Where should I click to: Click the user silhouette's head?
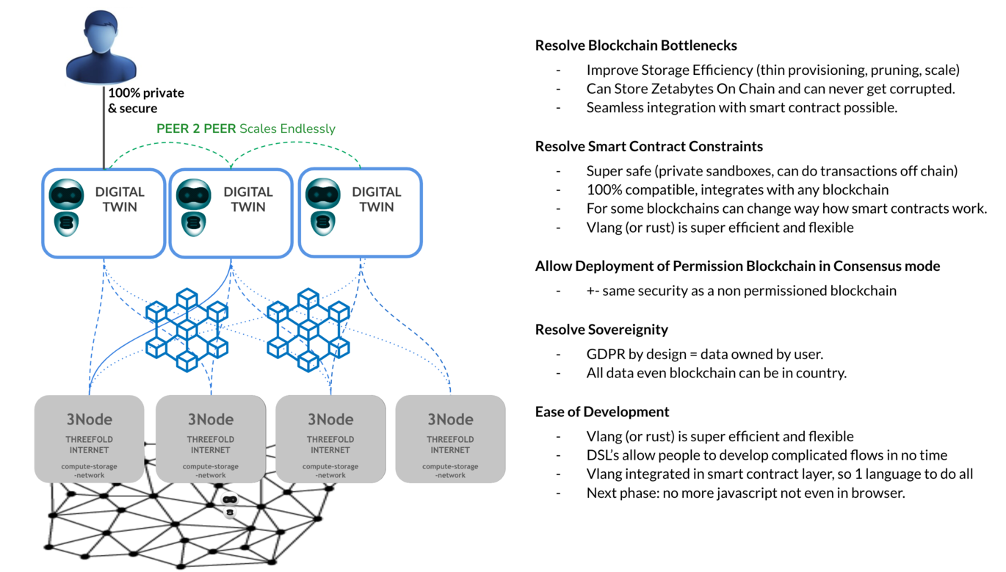[101, 31]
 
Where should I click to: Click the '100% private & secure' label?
[146, 101]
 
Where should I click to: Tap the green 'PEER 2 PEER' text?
[196, 128]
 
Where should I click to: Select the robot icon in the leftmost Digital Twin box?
[67, 208]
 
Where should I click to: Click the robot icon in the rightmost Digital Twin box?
[323, 207]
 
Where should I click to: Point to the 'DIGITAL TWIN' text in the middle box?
[248, 199]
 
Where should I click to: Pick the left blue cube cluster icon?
[187, 330]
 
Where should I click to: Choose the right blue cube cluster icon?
[308, 330]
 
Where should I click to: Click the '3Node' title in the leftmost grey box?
[90, 419]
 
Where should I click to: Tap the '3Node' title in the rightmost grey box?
[450, 419]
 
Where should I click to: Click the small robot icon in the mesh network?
[230, 506]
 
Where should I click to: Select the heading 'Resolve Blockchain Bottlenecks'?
[636, 46]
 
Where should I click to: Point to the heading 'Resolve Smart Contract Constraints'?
[649, 146]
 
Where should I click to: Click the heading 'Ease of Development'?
[602, 412]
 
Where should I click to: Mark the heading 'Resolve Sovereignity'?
[601, 330]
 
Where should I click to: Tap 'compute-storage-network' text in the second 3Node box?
[210, 471]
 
